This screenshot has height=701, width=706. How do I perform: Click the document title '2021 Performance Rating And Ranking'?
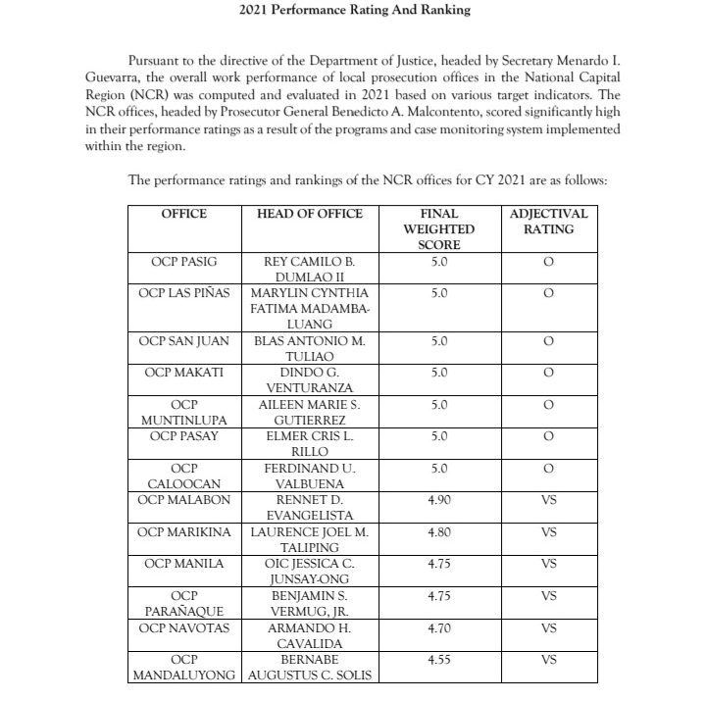tap(355, 11)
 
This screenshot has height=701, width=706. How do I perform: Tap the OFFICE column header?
tap(184, 214)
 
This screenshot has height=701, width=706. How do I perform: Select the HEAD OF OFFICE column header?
tap(310, 214)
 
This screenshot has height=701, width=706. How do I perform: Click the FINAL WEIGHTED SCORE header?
tap(438, 229)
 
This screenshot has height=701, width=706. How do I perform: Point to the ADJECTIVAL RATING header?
tap(548, 222)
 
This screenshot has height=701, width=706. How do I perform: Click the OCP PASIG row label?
tap(184, 263)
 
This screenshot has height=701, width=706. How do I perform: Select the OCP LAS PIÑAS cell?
tap(184, 293)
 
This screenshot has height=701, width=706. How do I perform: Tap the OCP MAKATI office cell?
tap(184, 373)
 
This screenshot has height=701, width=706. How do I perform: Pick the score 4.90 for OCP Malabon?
tap(439, 500)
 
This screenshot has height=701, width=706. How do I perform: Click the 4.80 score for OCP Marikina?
tap(439, 531)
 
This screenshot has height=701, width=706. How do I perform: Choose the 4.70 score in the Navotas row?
tap(439, 626)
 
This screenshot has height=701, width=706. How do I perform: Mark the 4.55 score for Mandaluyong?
tap(439, 660)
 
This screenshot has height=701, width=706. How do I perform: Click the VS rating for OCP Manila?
tap(548, 564)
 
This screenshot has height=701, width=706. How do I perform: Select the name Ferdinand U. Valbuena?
tap(310, 476)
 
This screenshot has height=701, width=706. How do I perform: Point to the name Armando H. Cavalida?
tap(310, 634)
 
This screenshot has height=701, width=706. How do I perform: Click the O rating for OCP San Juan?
tap(548, 341)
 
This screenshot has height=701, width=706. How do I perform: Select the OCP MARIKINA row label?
tap(184, 531)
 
